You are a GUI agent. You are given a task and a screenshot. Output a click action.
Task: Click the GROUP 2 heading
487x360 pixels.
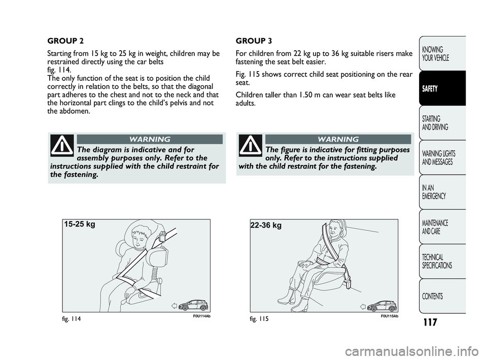click(65, 41)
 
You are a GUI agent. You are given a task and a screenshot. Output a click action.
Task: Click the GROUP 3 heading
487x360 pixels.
click(254, 41)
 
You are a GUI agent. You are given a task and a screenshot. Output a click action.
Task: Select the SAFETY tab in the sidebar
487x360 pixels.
click(442, 88)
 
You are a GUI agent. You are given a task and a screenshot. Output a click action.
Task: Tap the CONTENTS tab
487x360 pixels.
click(442, 296)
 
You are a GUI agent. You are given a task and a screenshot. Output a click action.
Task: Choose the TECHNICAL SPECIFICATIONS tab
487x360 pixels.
click(442, 261)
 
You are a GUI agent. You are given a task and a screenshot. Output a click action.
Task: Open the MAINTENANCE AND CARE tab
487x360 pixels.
click(442, 226)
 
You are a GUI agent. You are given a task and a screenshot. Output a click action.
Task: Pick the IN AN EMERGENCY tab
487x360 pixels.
click(442, 192)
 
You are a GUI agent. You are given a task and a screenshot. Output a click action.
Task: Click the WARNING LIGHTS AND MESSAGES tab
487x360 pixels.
click(442, 157)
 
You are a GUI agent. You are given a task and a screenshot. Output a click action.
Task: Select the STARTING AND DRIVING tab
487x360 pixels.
click(442, 123)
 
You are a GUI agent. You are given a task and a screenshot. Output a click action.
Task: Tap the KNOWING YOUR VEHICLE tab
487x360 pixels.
click(442, 53)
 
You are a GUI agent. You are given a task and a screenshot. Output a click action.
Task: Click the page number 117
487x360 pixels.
click(430, 322)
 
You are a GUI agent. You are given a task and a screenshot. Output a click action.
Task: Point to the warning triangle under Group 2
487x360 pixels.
click(62, 145)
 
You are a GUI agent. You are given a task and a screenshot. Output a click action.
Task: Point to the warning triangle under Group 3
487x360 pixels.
click(251, 145)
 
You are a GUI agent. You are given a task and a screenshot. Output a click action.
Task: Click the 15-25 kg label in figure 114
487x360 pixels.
click(80, 224)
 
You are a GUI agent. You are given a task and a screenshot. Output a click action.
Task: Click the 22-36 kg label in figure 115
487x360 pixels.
click(266, 225)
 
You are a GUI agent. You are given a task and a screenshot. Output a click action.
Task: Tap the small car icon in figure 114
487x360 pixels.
click(194, 305)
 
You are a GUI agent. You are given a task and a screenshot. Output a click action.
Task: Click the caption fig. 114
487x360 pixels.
click(72, 319)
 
